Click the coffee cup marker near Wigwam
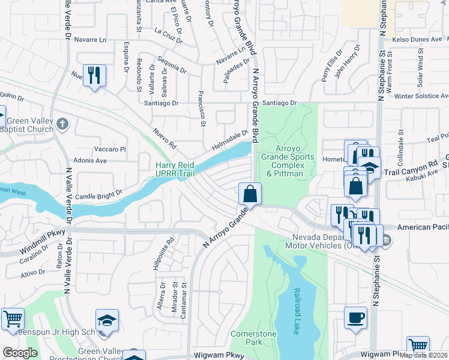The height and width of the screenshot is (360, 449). [x=355, y=317]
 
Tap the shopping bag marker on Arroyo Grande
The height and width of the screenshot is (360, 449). [x=250, y=194]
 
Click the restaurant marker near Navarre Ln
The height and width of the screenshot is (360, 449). [x=94, y=76]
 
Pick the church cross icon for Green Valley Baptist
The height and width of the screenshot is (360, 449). [x=63, y=124]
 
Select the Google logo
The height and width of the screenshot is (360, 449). [x=20, y=353]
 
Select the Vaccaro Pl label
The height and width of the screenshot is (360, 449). [x=109, y=149]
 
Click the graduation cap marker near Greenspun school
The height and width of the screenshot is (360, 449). [x=107, y=320]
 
